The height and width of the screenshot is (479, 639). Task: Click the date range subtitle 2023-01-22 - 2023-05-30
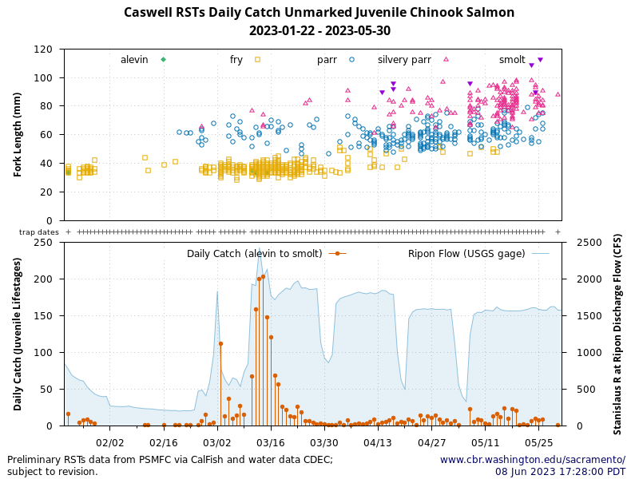click(319, 31)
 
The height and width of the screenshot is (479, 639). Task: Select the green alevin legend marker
click(163, 60)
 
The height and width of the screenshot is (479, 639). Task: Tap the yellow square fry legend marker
click(257, 60)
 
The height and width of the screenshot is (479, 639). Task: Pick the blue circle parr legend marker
click(351, 60)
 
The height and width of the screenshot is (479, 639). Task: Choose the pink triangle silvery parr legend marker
click(446, 60)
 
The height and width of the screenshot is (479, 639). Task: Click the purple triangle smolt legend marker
click(540, 60)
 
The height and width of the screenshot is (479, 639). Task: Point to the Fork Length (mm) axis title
click(18, 134)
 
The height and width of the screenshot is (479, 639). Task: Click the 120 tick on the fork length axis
click(45, 49)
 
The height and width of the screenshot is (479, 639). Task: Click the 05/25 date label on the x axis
click(539, 441)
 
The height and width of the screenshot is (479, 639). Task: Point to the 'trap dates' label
click(39, 232)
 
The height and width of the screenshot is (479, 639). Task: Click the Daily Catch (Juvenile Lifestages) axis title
click(18, 334)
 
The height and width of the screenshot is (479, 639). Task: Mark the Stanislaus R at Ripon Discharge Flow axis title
click(617, 334)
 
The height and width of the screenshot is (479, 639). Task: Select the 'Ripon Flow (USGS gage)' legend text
click(466, 254)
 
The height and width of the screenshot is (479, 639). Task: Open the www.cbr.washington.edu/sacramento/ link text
click(532, 460)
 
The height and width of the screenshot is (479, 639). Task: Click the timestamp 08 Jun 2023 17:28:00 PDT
click(560, 472)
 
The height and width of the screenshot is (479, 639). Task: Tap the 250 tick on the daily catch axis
click(45, 242)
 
